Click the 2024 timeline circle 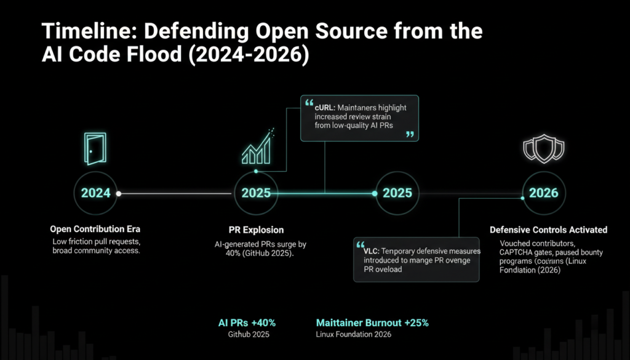pyautogui.click(x=96, y=193)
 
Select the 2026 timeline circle pyautogui.click(x=543, y=193)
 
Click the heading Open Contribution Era pyautogui.click(x=95, y=230)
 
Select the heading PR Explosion pyautogui.click(x=256, y=230)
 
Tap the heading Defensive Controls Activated pyautogui.click(x=548, y=230)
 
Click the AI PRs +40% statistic pyautogui.click(x=247, y=322)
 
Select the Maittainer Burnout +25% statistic pyautogui.click(x=372, y=322)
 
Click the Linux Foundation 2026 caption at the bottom pyautogui.click(x=353, y=334)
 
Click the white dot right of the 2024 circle pyautogui.click(x=119, y=193)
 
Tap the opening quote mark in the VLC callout pyautogui.click(x=361, y=243)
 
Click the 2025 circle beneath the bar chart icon pyautogui.click(x=256, y=193)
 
